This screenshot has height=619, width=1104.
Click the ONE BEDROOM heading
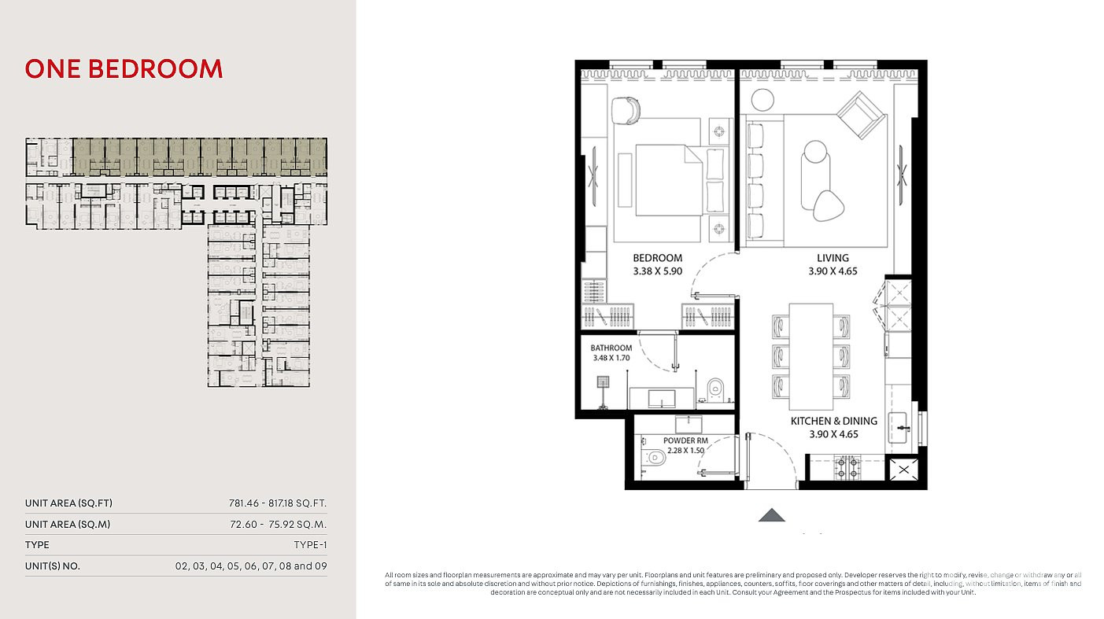click(124, 69)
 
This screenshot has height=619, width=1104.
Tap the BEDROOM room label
click(658, 258)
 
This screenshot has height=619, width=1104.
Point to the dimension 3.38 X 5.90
click(658, 271)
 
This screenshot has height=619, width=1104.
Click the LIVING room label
click(833, 258)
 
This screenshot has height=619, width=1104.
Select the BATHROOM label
click(611, 348)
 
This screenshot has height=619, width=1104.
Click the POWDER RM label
click(685, 440)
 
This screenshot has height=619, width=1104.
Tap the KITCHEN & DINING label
click(834, 421)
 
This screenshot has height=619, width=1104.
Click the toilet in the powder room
click(655, 458)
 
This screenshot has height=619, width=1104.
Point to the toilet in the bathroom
click(715, 389)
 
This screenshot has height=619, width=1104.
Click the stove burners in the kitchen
click(847, 468)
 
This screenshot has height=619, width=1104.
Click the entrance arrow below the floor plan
click(771, 515)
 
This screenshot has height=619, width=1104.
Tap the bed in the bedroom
click(669, 180)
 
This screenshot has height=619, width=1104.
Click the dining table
click(811, 356)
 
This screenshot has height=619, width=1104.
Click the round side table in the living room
click(762, 100)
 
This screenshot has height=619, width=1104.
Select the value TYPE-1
click(310, 545)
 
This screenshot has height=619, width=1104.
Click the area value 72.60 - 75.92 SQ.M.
click(278, 525)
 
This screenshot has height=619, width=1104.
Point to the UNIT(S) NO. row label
click(53, 566)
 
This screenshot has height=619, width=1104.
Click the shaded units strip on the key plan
click(200, 157)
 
